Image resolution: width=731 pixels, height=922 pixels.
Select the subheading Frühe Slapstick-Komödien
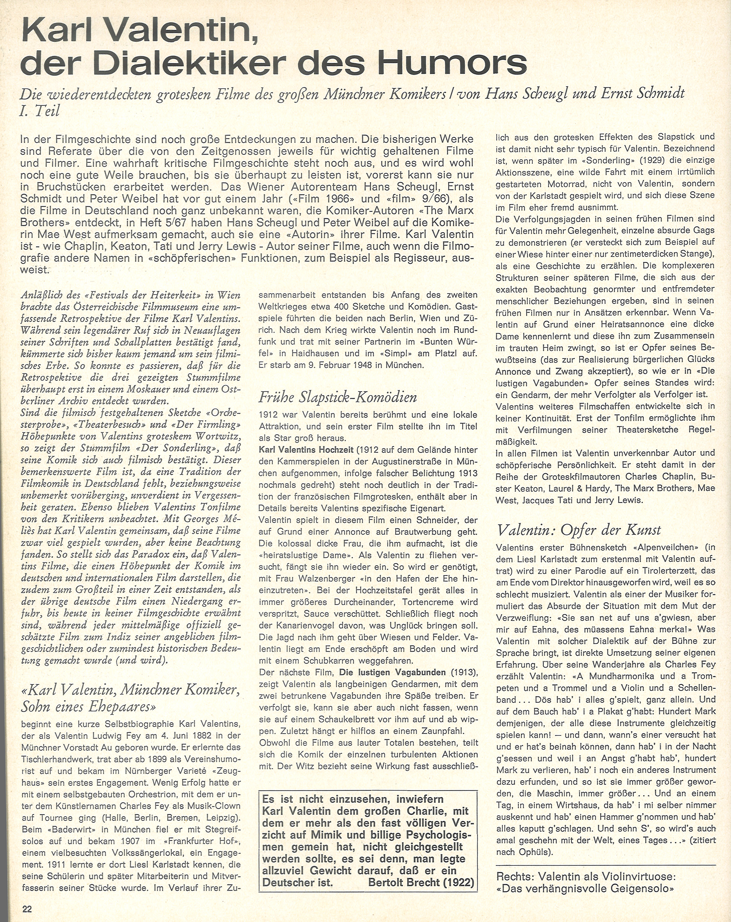[x=337, y=397]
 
